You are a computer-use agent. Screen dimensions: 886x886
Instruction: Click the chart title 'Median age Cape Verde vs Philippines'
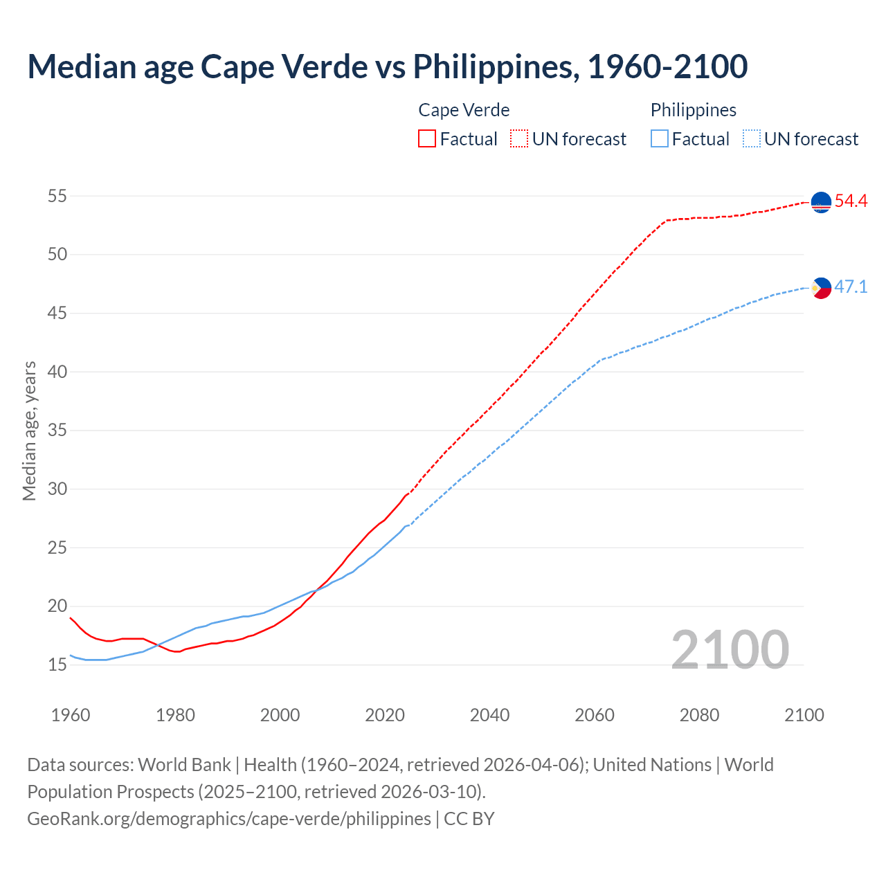(387, 66)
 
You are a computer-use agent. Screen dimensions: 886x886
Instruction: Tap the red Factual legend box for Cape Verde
(427, 138)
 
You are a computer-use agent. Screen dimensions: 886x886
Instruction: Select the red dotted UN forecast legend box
(519, 138)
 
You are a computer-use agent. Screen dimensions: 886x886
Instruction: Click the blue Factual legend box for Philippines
(660, 138)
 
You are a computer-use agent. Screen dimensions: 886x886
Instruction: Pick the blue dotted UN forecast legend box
(752, 138)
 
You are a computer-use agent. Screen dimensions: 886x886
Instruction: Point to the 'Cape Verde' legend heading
(464, 110)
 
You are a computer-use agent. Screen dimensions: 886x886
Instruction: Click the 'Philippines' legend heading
(693, 110)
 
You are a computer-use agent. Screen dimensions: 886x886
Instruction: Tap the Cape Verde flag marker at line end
(820, 202)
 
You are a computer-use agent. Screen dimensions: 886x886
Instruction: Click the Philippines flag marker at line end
(820, 287)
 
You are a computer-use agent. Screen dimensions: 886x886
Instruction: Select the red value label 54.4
(851, 201)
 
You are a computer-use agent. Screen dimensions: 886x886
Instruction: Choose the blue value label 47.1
(851, 287)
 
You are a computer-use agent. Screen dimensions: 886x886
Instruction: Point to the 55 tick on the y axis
(57, 196)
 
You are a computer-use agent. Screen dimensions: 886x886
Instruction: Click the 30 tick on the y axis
(57, 489)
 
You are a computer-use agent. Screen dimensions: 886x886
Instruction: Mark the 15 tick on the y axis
(57, 664)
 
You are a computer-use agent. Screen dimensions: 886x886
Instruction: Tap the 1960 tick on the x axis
(71, 715)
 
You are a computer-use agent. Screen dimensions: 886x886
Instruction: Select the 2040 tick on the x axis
(489, 715)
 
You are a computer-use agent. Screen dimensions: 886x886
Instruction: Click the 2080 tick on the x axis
(699, 715)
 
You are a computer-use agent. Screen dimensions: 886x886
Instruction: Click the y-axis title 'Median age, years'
(29, 431)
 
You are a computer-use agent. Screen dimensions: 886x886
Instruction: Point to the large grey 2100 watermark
(730, 649)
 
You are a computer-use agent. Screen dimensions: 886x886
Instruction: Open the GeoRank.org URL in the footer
(228, 819)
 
